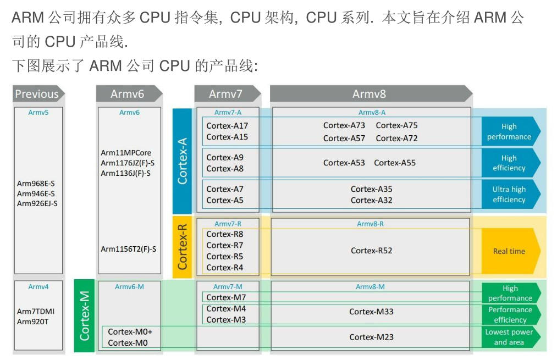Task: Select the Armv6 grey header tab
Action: pyautogui.click(x=128, y=94)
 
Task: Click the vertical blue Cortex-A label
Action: pyautogui.click(x=183, y=160)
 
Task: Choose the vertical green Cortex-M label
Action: pyautogui.click(x=84, y=315)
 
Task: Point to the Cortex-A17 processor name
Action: pyautogui.click(x=227, y=126)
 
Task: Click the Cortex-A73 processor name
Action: pyautogui.click(x=344, y=125)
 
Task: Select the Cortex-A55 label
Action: pyautogui.click(x=395, y=163)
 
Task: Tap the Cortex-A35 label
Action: pyautogui.click(x=372, y=189)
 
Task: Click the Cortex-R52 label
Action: pyautogui.click(x=372, y=251)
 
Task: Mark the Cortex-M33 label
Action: pyautogui.click(x=372, y=312)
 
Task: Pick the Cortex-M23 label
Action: pyautogui.click(x=372, y=337)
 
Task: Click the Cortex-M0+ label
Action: pyautogui.click(x=130, y=332)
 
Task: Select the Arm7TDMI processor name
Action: pyautogui.click(x=36, y=312)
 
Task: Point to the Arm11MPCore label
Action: pyautogui.click(x=126, y=153)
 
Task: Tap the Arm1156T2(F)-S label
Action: pyautogui.click(x=128, y=249)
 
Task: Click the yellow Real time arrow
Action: pyautogui.click(x=510, y=251)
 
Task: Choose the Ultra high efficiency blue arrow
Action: pyautogui.click(x=510, y=195)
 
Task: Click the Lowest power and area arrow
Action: pyautogui.click(x=510, y=337)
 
